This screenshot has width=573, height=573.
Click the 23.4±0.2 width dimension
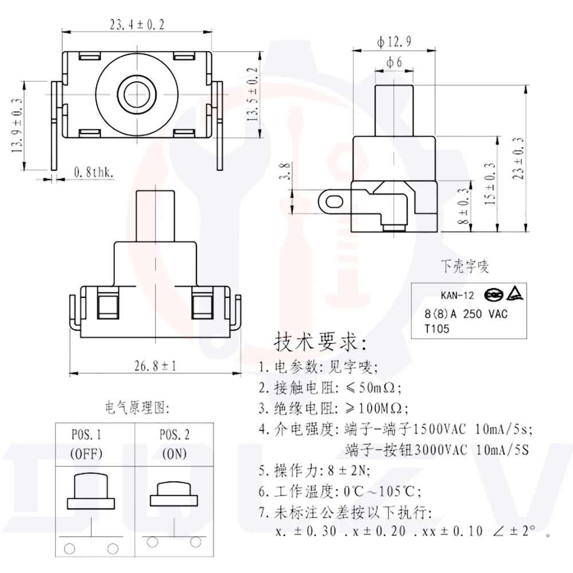pyautogui.click(x=137, y=25)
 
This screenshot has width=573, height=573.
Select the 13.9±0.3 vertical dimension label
pyautogui.click(x=17, y=125)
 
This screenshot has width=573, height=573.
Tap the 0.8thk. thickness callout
pyautogui.click(x=93, y=172)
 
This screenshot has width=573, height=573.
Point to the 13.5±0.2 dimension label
pyautogui.click(x=252, y=95)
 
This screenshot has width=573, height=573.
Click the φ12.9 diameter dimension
pyautogui.click(x=394, y=42)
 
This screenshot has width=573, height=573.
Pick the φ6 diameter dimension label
pyautogui.click(x=394, y=62)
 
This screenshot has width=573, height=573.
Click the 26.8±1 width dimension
pyautogui.click(x=155, y=366)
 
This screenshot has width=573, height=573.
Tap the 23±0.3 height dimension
pyautogui.click(x=518, y=158)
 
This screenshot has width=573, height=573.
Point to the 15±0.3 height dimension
pyautogui.click(x=490, y=184)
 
